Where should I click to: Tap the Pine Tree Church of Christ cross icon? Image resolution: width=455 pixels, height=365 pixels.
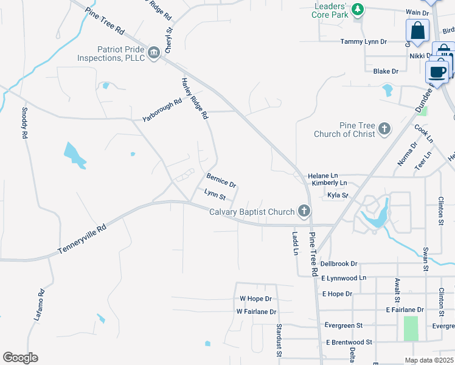[384, 128]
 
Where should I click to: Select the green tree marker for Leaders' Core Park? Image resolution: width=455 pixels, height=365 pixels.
[358, 9]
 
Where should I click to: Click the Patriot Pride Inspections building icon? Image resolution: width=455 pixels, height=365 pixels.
[154, 52]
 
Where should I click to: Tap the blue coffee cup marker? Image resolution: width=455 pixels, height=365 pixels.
[437, 72]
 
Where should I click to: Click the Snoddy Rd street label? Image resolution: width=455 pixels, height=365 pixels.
[25, 123]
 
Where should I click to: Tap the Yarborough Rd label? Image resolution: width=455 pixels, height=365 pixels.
[162, 109]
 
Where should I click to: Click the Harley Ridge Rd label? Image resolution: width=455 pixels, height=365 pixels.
[195, 98]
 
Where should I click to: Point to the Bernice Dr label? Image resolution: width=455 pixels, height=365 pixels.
[221, 181]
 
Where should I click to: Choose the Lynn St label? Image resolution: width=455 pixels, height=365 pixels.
[215, 195]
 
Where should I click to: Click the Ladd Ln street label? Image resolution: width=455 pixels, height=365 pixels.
[294, 243]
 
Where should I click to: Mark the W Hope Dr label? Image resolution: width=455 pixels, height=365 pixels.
[255, 299]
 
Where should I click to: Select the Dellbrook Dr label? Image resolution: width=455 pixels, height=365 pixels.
[339, 264]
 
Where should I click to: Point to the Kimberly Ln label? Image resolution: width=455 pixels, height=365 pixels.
[328, 182]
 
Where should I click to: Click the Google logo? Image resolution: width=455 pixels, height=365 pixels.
[20, 358]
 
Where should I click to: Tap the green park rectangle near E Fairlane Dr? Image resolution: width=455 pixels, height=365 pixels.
[411, 328]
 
